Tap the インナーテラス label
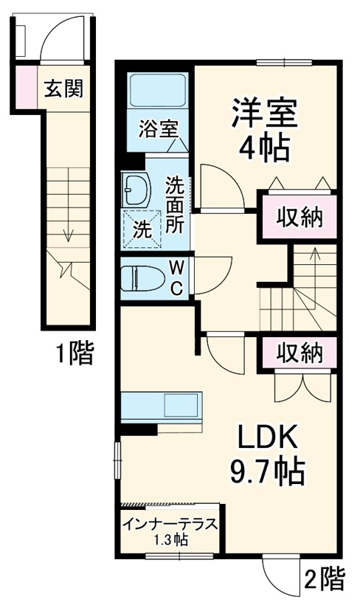point(169,525)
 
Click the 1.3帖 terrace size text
point(169,540)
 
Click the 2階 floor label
point(323,580)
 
